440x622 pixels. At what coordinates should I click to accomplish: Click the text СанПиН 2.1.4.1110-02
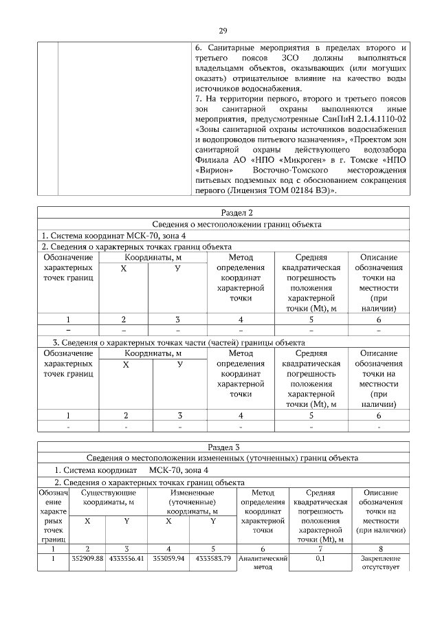tap(366, 118)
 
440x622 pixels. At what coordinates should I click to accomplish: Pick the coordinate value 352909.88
tap(87, 558)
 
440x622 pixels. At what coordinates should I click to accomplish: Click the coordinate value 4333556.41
tap(127, 558)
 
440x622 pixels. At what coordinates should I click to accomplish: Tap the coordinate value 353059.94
tap(168, 558)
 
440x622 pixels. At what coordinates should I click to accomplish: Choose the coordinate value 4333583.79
tap(213, 558)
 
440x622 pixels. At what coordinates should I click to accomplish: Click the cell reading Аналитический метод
tap(263, 563)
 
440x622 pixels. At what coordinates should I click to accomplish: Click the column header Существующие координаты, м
tap(108, 498)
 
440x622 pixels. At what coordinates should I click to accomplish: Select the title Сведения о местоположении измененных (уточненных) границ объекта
tap(223, 458)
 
